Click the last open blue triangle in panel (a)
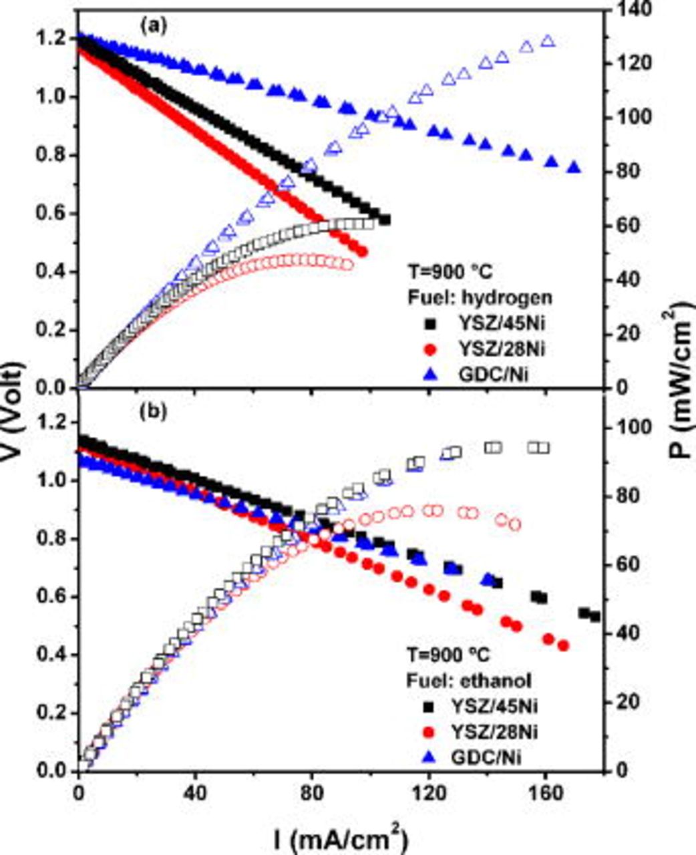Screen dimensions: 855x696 coord(548,41)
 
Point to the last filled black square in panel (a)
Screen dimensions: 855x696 coord(385,220)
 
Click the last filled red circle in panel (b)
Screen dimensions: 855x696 coord(563,645)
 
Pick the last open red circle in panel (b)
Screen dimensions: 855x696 coord(514,525)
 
